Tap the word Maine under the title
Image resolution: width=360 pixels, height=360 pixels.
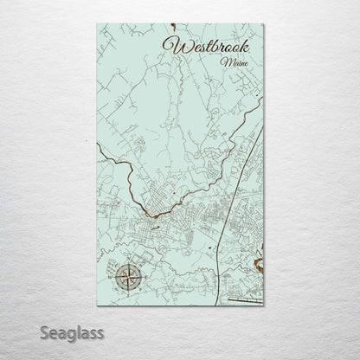click(x=231, y=62)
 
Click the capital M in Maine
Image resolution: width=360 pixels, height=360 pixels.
click(x=224, y=62)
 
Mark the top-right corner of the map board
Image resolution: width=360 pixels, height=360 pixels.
click(x=263, y=22)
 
